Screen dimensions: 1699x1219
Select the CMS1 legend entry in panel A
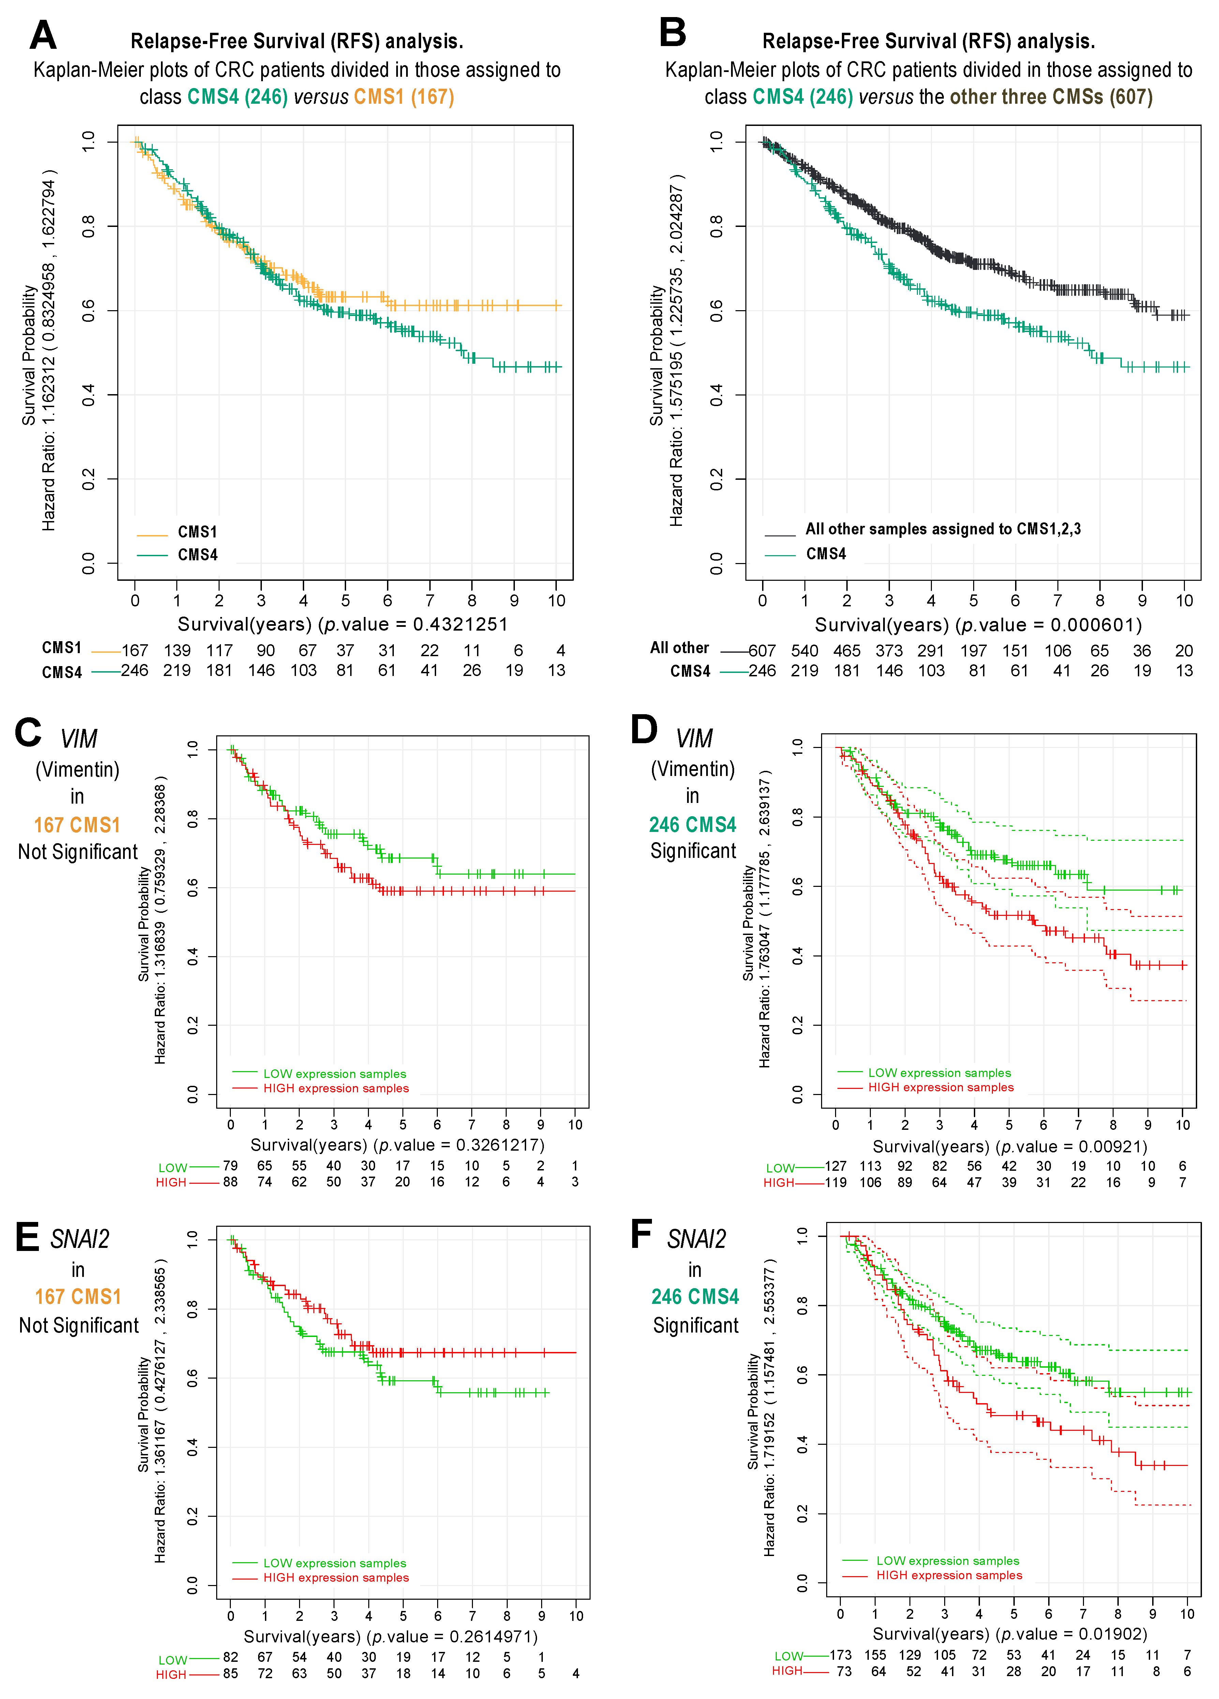pos(197,532)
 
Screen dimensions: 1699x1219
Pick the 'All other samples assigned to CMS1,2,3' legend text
pos(943,529)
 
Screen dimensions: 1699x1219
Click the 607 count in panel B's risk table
pos(762,650)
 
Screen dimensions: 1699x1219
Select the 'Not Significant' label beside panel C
pos(78,852)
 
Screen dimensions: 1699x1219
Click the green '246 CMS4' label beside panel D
pos(693,825)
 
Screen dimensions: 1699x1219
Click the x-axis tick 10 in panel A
pos(556,600)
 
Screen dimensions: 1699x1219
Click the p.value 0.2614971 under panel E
pos(493,1636)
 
